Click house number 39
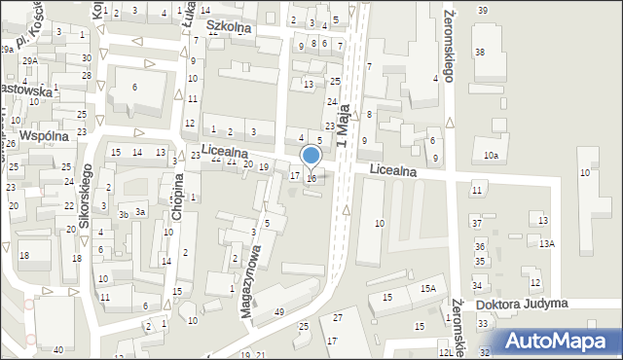pyautogui.click(x=483, y=10)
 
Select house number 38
pyautogui.click(x=479, y=51)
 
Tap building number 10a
pyautogui.click(x=491, y=156)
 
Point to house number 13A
pyautogui.click(x=547, y=243)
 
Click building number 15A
pyautogui.click(x=427, y=288)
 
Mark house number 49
pyautogui.click(x=279, y=311)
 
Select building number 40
pyautogui.click(x=58, y=349)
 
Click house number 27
pyautogui.click(x=338, y=318)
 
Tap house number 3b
pyautogui.click(x=124, y=214)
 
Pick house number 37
pyautogui.click(x=478, y=224)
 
